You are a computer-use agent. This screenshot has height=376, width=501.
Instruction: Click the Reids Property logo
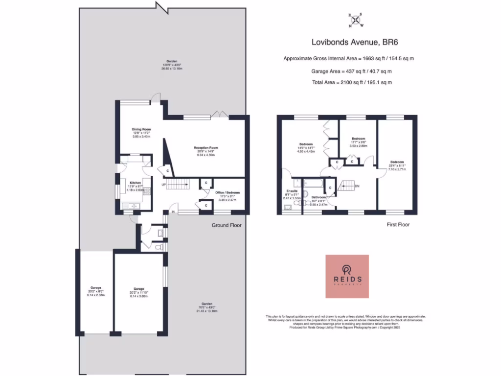(x=347, y=276)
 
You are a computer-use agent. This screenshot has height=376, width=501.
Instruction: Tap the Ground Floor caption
(x=227, y=225)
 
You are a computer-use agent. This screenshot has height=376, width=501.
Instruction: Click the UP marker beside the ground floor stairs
(x=164, y=185)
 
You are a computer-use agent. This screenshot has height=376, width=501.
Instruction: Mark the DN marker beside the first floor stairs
(x=357, y=186)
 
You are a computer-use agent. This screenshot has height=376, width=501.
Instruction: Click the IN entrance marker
(x=173, y=211)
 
